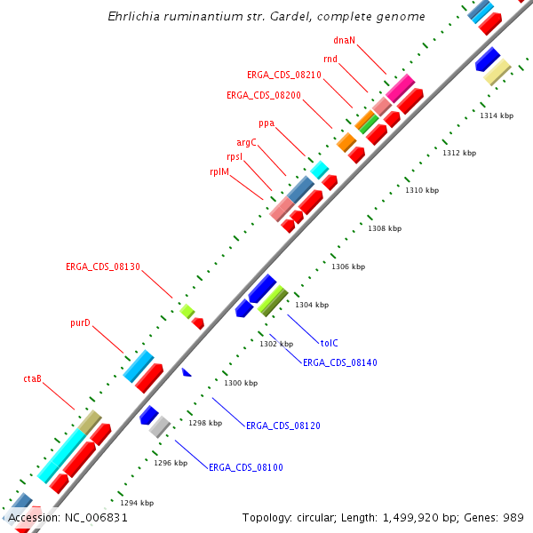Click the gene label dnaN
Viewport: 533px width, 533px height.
tap(345, 40)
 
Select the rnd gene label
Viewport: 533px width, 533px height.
tap(330, 59)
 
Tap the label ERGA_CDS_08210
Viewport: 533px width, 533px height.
tap(284, 75)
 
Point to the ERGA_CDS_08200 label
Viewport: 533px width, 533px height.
tap(264, 95)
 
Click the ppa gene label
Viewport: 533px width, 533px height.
tap(266, 123)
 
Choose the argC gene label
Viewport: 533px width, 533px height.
tap(246, 142)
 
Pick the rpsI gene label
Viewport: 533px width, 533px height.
tap(235, 156)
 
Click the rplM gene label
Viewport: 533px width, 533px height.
tap(219, 171)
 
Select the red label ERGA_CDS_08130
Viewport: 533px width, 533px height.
tap(103, 266)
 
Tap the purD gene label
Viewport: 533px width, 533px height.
tap(81, 323)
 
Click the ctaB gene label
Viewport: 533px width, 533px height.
tap(33, 379)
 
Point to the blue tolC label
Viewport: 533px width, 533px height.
tap(330, 343)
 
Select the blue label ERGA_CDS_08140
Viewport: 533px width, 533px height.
tap(340, 362)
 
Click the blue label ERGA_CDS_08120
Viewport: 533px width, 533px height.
tap(283, 426)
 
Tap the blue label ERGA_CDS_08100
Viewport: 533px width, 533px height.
tap(246, 466)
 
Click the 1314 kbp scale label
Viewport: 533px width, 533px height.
tap(497, 116)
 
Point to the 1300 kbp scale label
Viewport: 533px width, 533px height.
tap(241, 383)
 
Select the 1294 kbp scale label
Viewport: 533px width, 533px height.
tap(137, 503)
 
